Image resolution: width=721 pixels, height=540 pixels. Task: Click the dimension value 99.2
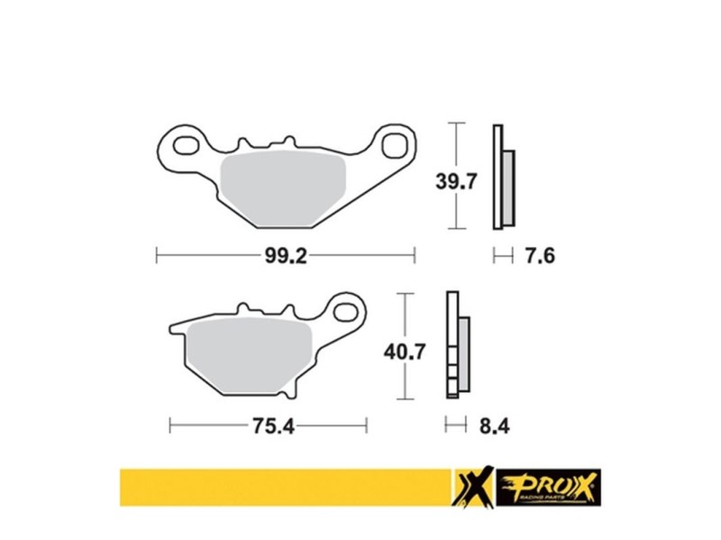point(287,257)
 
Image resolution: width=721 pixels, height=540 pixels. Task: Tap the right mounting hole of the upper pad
point(395,142)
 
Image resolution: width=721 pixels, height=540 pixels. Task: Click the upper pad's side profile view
point(502,177)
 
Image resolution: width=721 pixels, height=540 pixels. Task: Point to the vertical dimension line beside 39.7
point(459,177)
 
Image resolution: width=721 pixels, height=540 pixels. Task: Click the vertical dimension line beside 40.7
point(408,345)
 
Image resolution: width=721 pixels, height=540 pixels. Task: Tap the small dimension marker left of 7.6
point(498,257)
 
